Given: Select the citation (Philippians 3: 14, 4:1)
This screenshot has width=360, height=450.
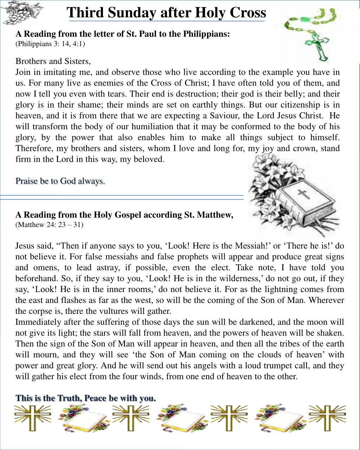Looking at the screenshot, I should (50, 44).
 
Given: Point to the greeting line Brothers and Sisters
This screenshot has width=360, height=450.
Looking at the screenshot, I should (53, 61).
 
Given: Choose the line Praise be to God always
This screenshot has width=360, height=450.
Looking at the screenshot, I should (60, 181).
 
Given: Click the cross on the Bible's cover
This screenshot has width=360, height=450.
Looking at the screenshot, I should (303, 194).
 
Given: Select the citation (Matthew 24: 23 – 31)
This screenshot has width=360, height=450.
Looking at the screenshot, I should (49, 224).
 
